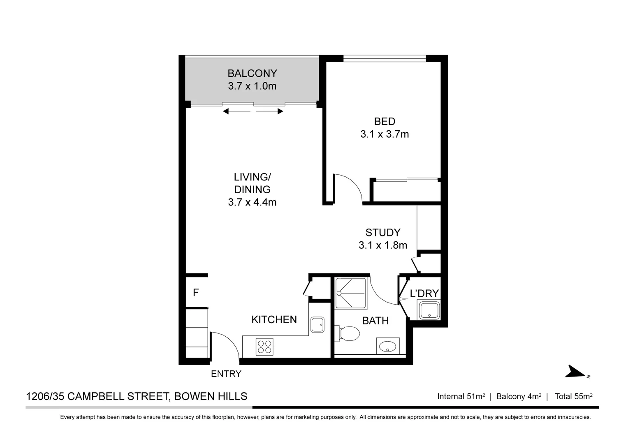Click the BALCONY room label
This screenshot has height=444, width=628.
point(252,73)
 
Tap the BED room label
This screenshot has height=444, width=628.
point(385,121)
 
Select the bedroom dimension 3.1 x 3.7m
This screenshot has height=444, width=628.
point(385,134)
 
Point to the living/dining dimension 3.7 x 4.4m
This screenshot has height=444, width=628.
point(252,202)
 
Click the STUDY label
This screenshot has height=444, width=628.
point(383,232)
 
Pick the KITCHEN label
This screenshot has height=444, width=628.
point(274,319)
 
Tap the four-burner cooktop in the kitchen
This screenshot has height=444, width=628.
point(264,346)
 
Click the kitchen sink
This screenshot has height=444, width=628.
point(317,324)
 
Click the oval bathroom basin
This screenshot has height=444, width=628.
point(387,346)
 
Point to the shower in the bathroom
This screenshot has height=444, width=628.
point(350,293)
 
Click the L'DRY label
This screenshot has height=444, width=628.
point(424,293)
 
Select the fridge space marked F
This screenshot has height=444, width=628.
point(196,293)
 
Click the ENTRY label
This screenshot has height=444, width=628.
point(226,374)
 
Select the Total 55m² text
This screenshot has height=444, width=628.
point(573,396)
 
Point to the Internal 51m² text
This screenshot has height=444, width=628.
point(461,396)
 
